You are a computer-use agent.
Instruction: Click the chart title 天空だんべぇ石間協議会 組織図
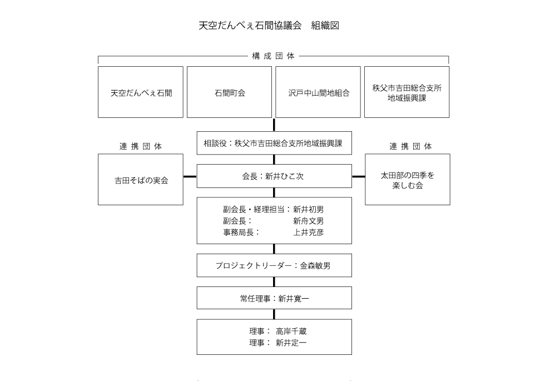point(269,26)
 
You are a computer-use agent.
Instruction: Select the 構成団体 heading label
point(273,56)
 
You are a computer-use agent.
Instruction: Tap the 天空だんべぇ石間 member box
point(141,93)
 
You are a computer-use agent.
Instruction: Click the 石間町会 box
point(229,93)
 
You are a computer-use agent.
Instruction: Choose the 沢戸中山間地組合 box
point(318,93)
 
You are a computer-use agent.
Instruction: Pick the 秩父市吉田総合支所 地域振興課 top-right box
point(407,93)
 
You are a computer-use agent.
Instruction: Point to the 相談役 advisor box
point(274,143)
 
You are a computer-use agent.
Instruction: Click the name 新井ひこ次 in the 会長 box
point(284,176)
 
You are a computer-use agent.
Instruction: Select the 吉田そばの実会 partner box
point(141,180)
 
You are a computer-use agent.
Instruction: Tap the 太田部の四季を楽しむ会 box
point(407,180)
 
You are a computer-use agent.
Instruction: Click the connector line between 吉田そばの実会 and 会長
point(190,176)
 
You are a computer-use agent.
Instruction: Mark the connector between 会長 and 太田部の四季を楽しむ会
point(358,176)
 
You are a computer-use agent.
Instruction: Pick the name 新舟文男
point(308,221)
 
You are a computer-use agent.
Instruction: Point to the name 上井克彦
point(308,232)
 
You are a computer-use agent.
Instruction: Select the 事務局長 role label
point(241,232)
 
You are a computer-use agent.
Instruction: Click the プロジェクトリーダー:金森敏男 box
point(274,266)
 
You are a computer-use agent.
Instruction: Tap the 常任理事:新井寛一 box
point(274,299)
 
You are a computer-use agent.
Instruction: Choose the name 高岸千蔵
point(291,331)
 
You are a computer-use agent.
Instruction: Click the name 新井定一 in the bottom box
point(291,343)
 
